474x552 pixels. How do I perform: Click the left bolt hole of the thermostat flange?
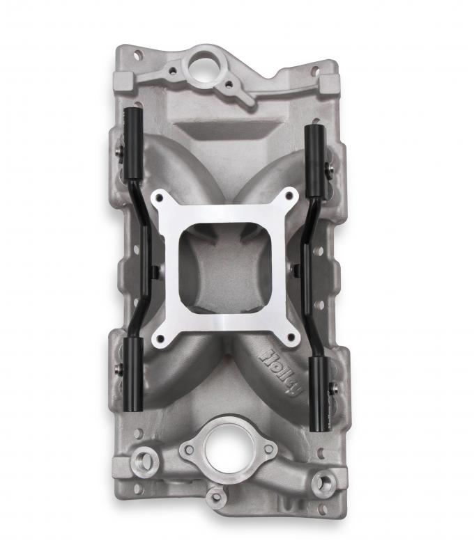click(187, 450)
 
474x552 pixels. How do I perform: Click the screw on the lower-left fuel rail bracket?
click(121, 368)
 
